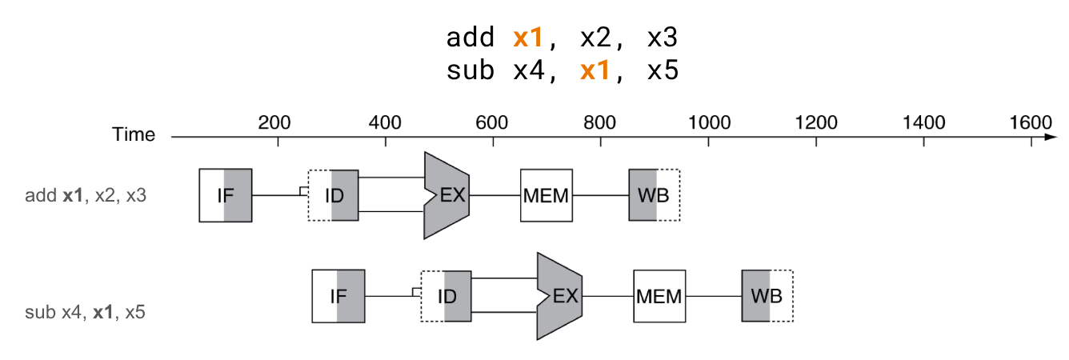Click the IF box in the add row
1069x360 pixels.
226,195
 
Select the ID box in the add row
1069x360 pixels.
333,195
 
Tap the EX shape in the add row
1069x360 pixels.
446,195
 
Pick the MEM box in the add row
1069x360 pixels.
547,195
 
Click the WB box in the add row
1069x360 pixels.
655,195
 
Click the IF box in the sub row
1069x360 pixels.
338,296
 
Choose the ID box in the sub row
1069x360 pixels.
446,296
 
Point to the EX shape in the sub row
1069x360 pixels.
559,296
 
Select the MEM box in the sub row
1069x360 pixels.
659,296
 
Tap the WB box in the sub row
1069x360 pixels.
767,296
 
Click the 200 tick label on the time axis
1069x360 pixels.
274,122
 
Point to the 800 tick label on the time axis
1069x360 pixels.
599,122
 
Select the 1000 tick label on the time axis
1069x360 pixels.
709,122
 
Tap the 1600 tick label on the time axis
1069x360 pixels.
1031,122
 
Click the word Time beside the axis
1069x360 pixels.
134,134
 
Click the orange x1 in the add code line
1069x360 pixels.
528,38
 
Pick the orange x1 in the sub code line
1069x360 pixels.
595,70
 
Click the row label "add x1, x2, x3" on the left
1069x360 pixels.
86,196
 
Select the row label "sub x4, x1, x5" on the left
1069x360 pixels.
85,312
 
